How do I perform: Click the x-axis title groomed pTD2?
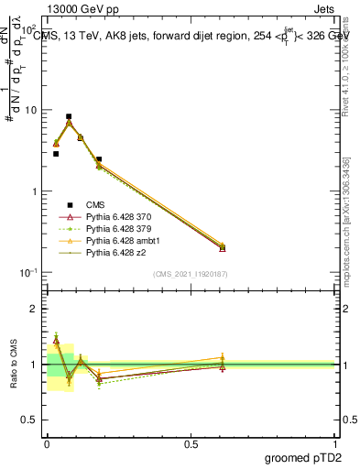(x=301, y=458)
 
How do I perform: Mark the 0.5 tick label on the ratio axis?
(x=30, y=420)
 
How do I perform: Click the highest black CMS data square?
(x=69, y=117)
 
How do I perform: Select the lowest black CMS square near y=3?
(x=56, y=154)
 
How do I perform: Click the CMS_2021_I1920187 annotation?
(x=191, y=274)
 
